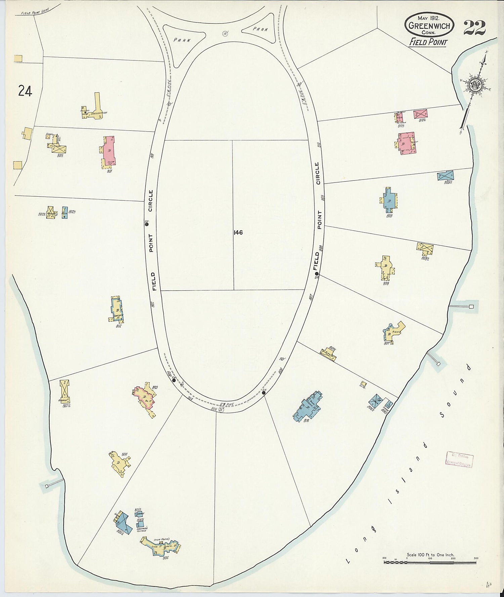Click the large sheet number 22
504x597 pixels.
474,28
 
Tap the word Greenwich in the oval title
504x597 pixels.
429,26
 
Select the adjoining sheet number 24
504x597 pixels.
25,91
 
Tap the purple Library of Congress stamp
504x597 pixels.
459,459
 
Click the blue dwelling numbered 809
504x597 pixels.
389,200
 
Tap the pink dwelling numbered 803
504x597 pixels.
145,398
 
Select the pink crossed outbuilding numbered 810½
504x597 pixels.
420,114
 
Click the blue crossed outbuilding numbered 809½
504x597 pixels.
446,176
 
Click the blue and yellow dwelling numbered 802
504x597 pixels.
117,309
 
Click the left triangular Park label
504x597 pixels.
182,40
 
